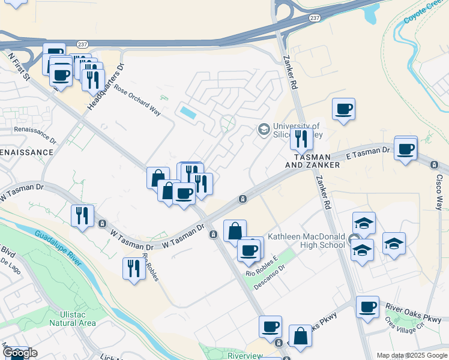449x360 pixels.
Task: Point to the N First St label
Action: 19,67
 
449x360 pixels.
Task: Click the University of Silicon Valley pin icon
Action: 263,129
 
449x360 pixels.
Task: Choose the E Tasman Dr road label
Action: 372,154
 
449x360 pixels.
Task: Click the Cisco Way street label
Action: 441,191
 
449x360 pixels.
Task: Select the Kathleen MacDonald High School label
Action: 306,240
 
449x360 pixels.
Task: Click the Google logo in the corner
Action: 19,353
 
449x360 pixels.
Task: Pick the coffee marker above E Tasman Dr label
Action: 406,148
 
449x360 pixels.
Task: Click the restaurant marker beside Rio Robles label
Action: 133,268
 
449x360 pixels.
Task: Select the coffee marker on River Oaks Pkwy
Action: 367,307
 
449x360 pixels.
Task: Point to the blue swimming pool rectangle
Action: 187,112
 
